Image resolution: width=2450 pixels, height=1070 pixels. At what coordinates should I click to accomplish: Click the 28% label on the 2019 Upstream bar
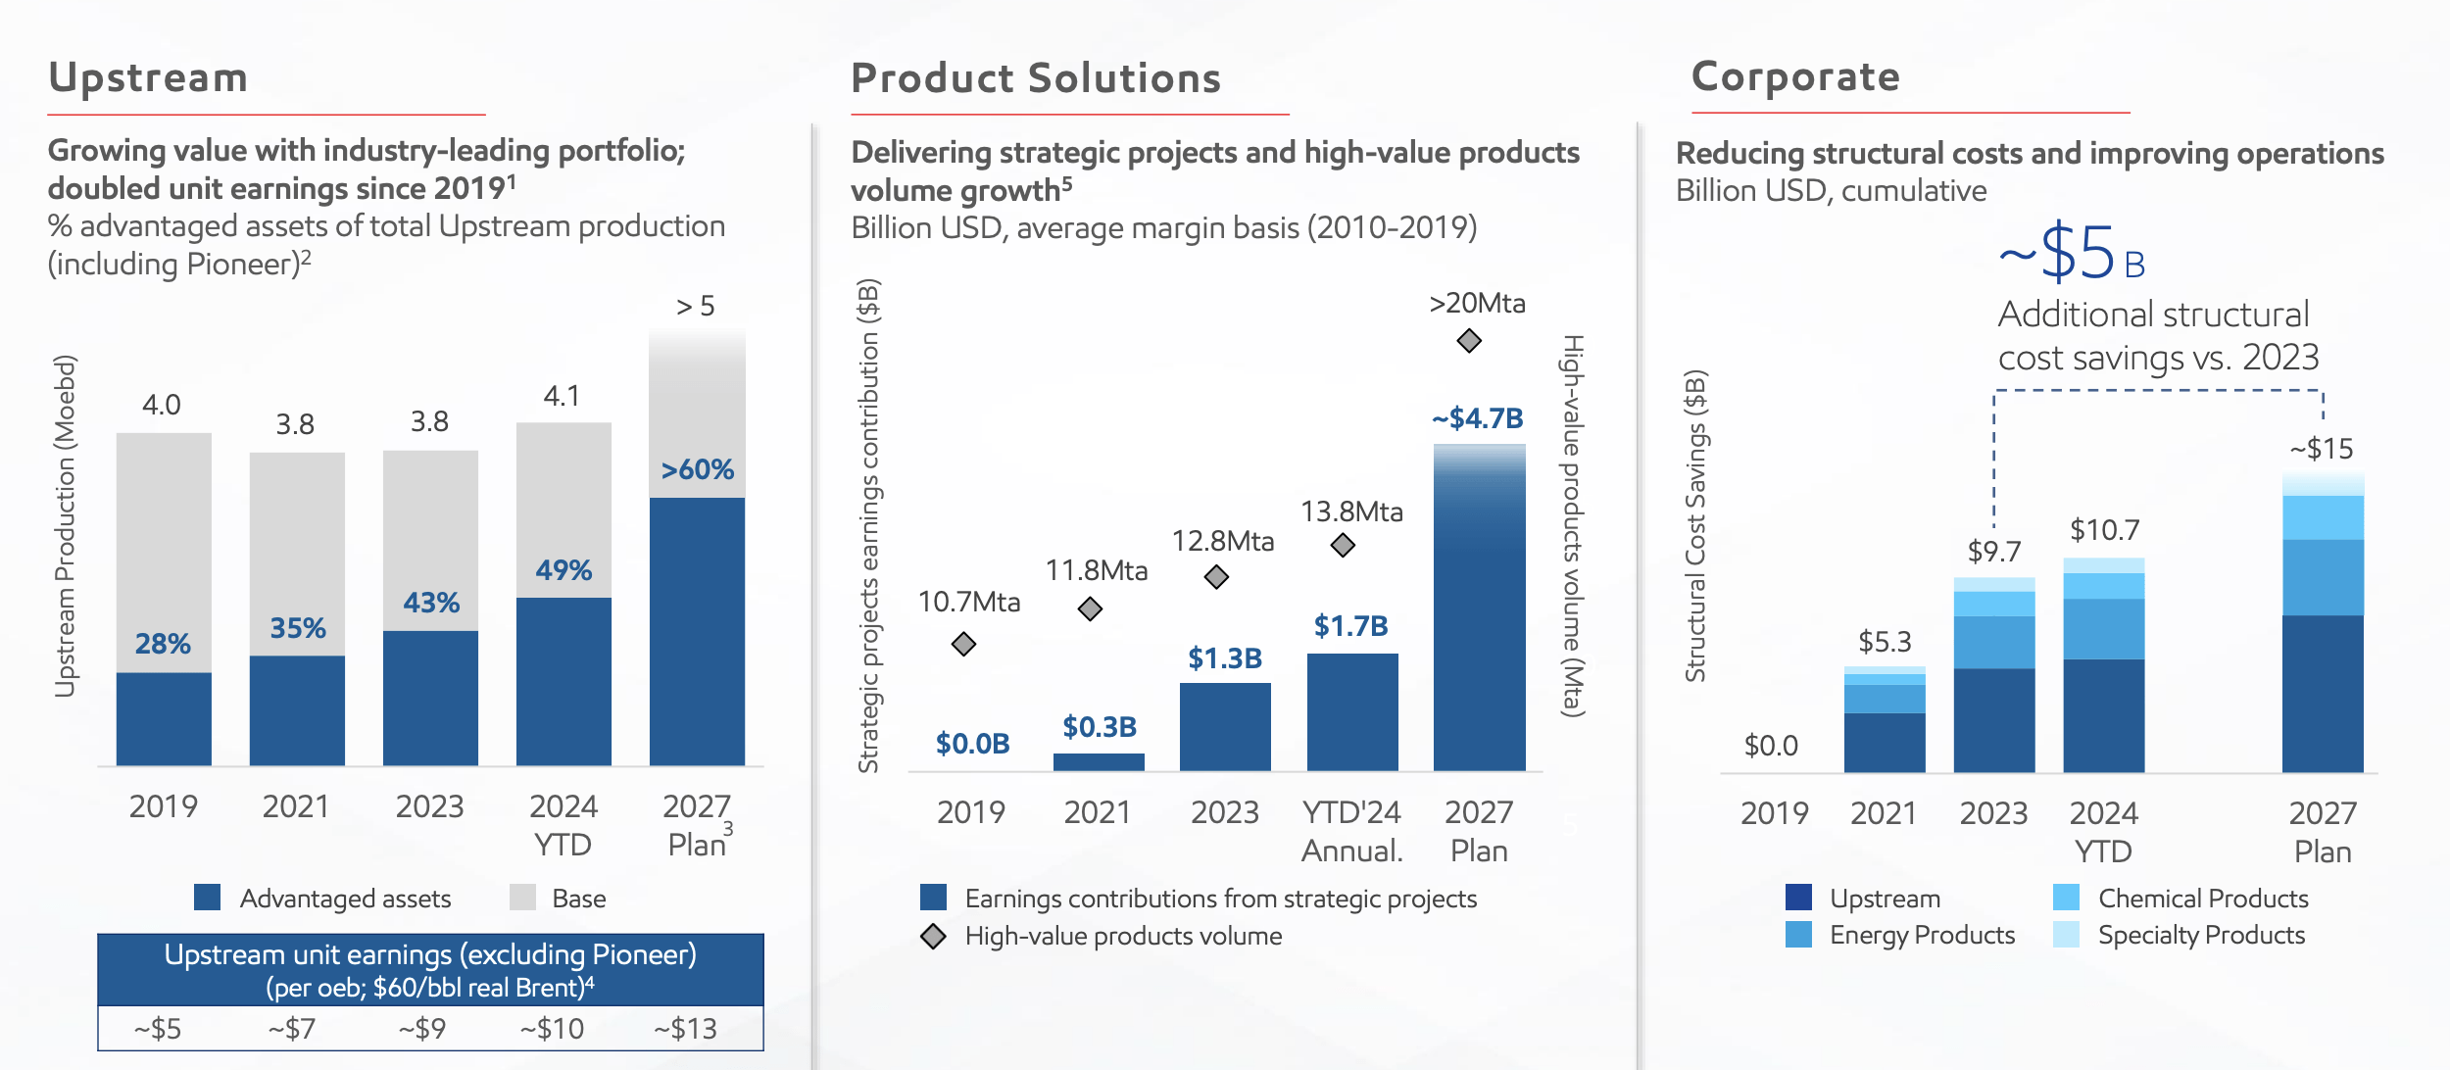163,644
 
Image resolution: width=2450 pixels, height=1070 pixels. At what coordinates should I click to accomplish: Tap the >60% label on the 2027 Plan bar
697,469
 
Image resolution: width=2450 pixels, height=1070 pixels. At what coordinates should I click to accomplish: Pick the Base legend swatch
522,898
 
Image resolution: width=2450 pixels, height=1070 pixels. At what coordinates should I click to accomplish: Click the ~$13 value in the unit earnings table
686,1029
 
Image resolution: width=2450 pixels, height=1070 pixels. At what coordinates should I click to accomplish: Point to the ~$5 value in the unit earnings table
158,1029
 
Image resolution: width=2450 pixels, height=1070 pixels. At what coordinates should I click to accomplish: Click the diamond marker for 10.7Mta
963,644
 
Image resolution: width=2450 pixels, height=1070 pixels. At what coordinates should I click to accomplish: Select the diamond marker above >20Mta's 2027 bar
1469,341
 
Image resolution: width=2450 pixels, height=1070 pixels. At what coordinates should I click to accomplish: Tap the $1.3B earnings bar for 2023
1225,726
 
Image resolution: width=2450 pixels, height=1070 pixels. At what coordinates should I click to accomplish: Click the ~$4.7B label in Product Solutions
1478,418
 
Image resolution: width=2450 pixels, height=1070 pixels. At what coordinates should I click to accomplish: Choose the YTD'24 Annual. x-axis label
1351,831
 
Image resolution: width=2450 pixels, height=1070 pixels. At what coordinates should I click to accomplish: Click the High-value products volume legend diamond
933,937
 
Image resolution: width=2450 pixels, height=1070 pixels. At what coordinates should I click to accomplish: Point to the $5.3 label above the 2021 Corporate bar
1885,642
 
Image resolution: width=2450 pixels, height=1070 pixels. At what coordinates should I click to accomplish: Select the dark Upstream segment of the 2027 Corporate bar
2323,693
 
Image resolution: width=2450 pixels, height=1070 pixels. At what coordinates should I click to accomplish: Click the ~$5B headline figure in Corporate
2072,254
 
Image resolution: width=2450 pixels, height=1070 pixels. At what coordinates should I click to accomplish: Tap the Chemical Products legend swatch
2066,898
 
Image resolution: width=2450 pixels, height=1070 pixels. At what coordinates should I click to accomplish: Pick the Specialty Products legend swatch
2066,935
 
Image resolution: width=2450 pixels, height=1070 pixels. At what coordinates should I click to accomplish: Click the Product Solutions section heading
1036,78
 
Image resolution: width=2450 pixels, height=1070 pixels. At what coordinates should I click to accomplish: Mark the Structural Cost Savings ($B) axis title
1695,525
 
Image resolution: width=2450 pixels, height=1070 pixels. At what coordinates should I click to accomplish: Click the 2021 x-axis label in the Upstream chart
296,806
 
